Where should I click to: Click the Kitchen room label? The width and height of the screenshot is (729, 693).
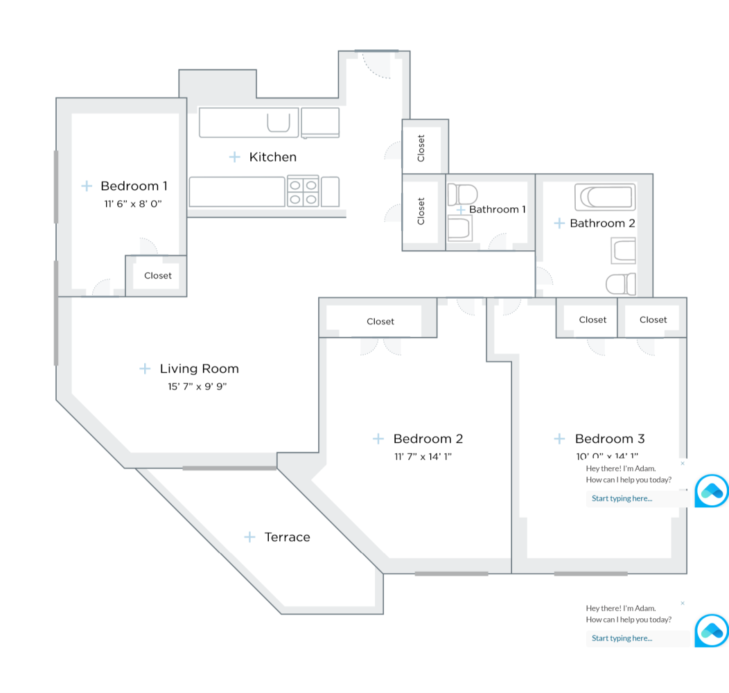click(272, 157)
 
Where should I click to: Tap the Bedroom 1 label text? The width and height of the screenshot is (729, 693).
click(134, 186)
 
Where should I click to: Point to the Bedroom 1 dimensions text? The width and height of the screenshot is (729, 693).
click(132, 204)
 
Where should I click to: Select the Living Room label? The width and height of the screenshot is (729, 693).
click(199, 369)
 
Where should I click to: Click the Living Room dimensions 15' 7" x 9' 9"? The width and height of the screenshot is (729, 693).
click(197, 387)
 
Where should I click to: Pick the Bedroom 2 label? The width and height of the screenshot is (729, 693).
click(428, 439)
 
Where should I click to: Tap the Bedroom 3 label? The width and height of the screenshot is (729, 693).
click(610, 439)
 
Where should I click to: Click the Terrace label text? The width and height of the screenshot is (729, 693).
click(287, 537)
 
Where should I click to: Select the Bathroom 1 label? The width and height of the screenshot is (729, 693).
click(498, 209)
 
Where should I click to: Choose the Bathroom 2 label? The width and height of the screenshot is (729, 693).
click(602, 223)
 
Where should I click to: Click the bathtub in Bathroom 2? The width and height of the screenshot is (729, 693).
click(605, 198)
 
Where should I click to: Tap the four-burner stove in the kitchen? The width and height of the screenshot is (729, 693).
click(303, 192)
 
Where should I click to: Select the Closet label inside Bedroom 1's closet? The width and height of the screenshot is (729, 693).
click(158, 276)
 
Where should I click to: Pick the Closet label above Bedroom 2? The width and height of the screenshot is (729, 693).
click(380, 322)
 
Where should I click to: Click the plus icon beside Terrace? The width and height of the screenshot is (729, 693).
click(249, 537)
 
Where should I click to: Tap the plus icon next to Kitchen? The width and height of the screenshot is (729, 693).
click(235, 157)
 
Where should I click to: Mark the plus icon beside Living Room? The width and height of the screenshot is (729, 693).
click(145, 369)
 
